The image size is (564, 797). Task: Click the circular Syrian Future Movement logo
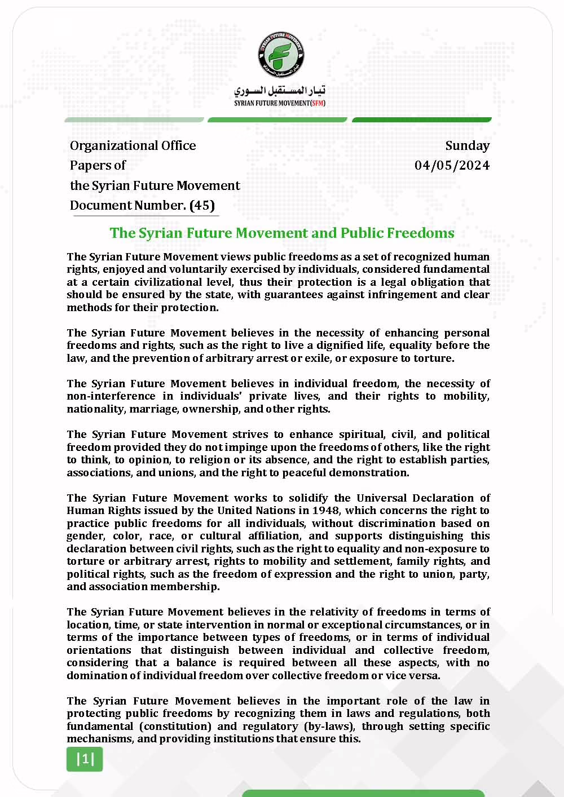(281, 55)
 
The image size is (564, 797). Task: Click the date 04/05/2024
(452, 165)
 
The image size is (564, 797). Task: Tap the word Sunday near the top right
(467, 145)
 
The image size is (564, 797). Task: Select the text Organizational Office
(133, 145)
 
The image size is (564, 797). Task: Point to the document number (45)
(202, 205)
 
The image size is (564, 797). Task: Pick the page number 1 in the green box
(85, 759)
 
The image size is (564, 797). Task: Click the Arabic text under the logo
(280, 91)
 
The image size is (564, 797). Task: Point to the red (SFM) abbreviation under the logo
(318, 103)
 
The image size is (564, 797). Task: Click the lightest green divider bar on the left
(134, 119)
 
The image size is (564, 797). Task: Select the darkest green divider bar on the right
(421, 119)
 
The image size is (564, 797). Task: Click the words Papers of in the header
(98, 165)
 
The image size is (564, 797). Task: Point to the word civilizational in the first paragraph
(195, 282)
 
